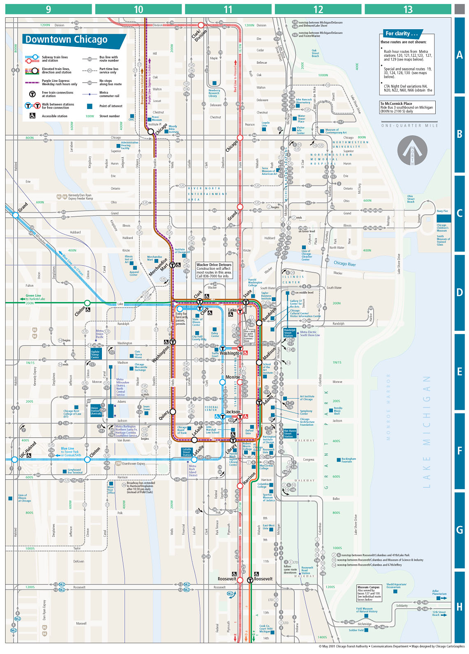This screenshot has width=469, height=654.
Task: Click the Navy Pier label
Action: click(442, 211)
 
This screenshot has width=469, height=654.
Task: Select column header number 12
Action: click(318, 9)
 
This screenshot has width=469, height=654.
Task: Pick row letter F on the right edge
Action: click(460, 451)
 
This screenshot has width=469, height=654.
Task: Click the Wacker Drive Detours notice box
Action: click(214, 270)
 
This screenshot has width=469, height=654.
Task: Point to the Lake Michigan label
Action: click(426, 432)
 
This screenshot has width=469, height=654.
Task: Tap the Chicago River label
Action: click(344, 263)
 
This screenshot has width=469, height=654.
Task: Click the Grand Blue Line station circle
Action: click(15, 215)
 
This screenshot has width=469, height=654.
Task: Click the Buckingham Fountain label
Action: click(349, 460)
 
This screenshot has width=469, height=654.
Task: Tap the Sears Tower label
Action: click(146, 408)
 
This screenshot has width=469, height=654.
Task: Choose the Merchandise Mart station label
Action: click(158, 267)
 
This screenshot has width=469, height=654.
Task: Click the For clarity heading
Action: click(401, 34)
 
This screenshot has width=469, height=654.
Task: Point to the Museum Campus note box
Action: click(369, 593)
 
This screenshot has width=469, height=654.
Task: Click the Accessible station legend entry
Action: click(54, 116)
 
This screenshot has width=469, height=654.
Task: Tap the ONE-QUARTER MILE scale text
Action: click(409, 125)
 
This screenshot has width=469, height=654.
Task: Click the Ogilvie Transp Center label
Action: click(95, 355)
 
